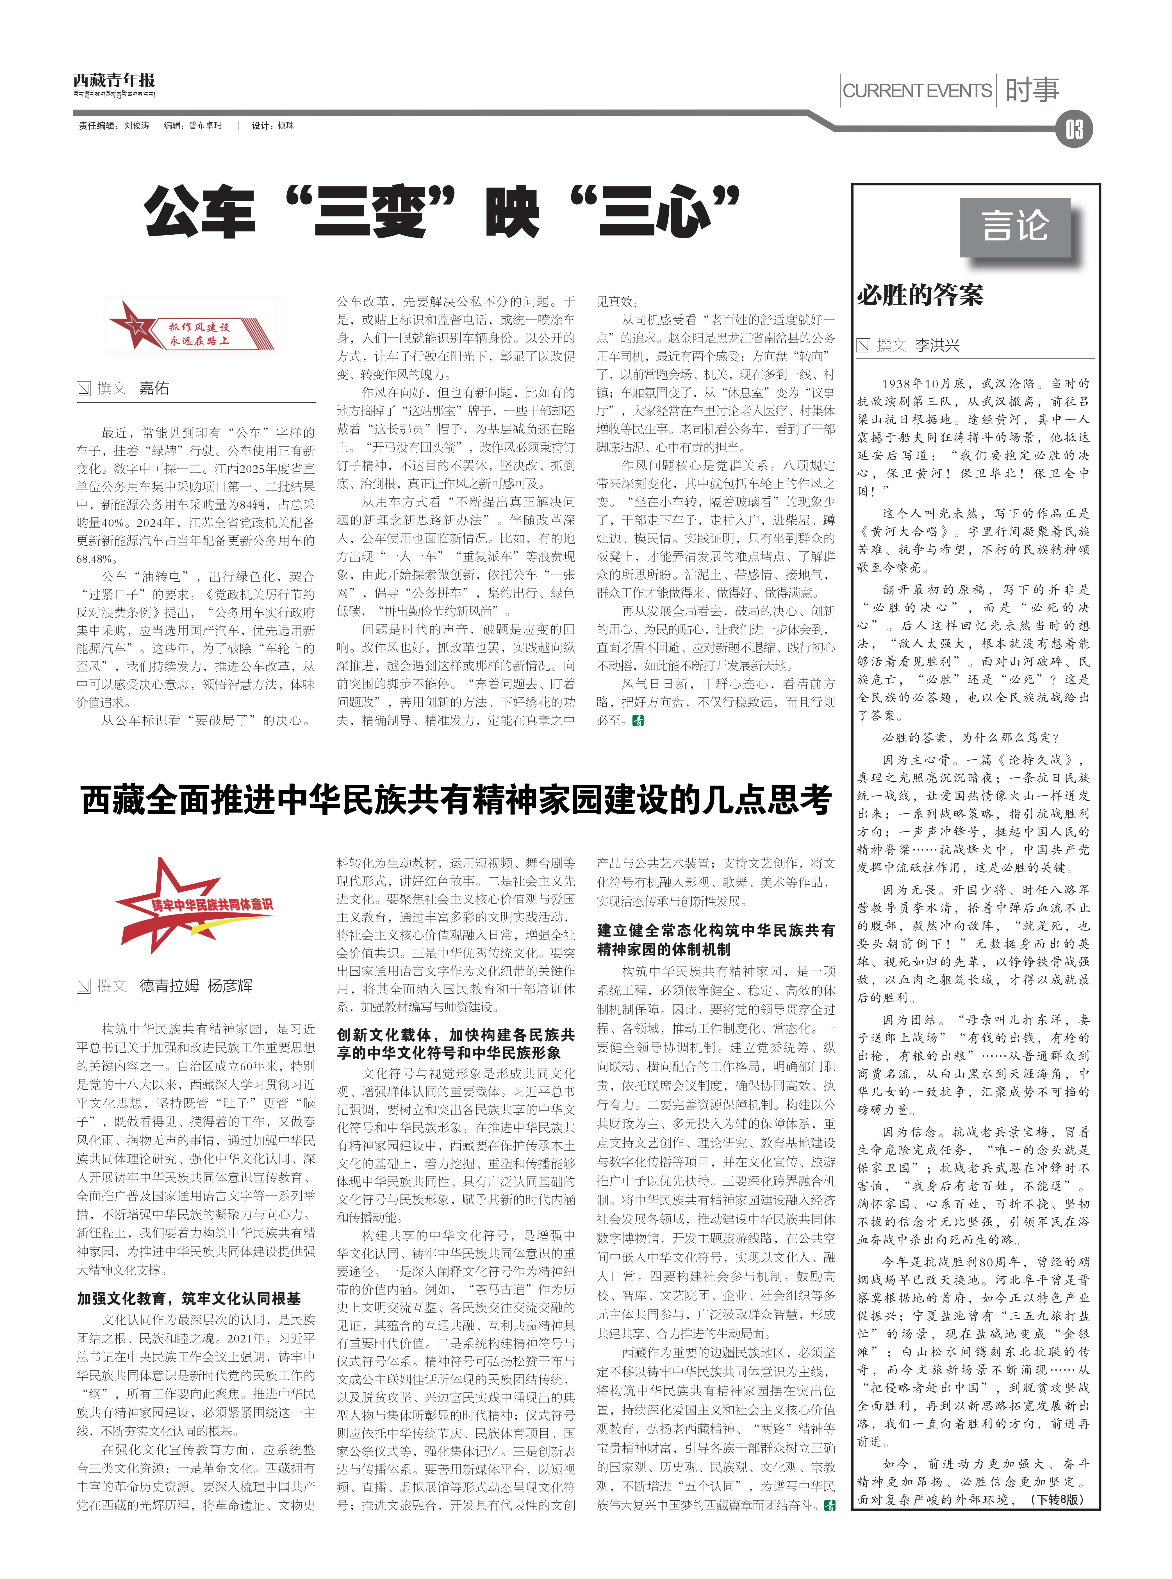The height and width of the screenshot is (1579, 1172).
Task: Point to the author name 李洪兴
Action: click(936, 345)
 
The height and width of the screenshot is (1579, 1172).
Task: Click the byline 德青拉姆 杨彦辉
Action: click(195, 985)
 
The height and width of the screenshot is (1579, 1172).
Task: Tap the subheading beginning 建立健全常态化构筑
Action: click(715, 939)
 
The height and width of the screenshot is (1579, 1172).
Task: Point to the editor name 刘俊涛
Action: click(137, 126)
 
